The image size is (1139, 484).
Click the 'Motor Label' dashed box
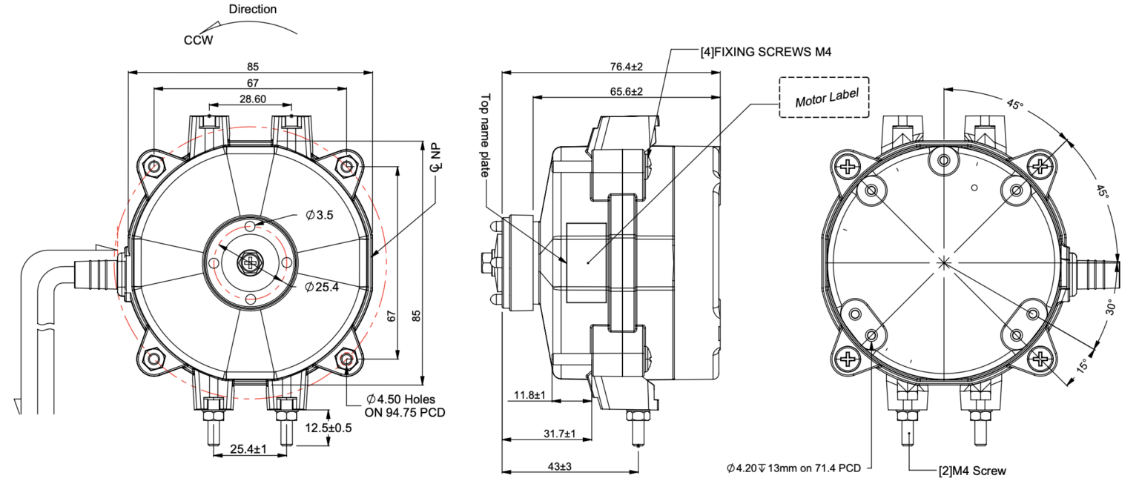(x=824, y=98)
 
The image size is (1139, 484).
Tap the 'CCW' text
(x=198, y=40)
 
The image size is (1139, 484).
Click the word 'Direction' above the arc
(x=253, y=10)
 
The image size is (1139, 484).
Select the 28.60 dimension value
(x=251, y=99)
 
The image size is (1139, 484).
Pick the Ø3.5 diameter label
(x=320, y=216)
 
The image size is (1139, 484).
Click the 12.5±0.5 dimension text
(x=329, y=428)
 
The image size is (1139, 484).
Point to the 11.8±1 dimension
(x=530, y=395)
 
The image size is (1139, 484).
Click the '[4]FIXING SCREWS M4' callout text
(x=765, y=52)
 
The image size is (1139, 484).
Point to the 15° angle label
(x=1082, y=366)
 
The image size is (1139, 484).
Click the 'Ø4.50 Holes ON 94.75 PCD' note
(x=405, y=406)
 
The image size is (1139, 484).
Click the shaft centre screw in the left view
(x=251, y=262)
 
